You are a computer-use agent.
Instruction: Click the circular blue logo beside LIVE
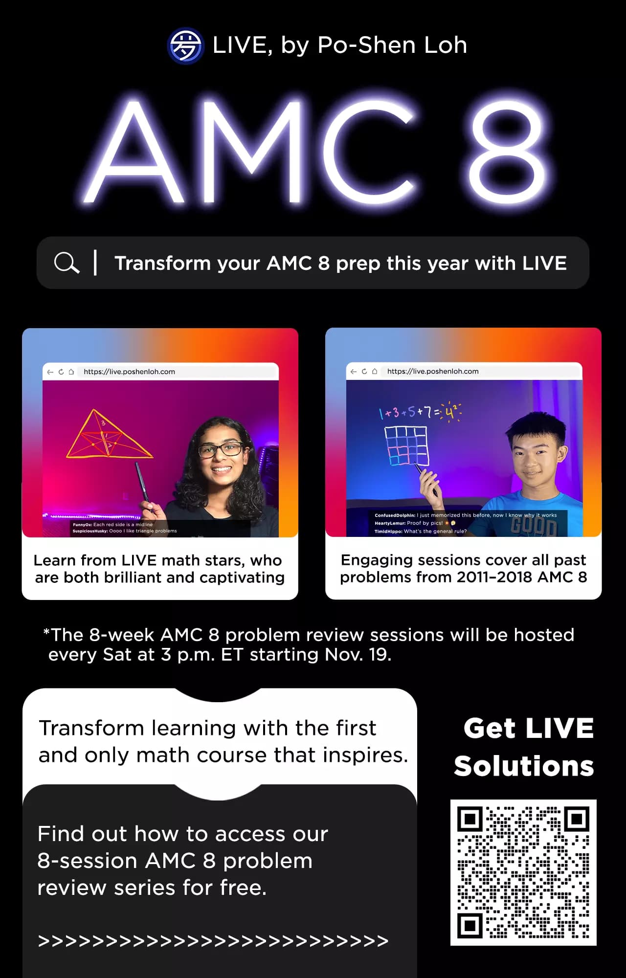(185, 46)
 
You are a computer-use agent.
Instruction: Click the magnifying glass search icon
(67, 263)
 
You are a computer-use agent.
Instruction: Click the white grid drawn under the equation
(406, 445)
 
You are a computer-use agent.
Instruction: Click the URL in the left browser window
(129, 372)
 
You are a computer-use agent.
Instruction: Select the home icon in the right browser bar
(375, 371)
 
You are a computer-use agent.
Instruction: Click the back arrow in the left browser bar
(50, 372)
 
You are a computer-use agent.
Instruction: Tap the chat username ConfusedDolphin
(395, 515)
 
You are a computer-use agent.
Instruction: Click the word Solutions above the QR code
(524, 766)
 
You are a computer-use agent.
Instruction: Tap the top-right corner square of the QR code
(577, 819)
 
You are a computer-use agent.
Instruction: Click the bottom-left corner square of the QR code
(470, 925)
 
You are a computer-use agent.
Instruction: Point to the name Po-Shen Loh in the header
(392, 45)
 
